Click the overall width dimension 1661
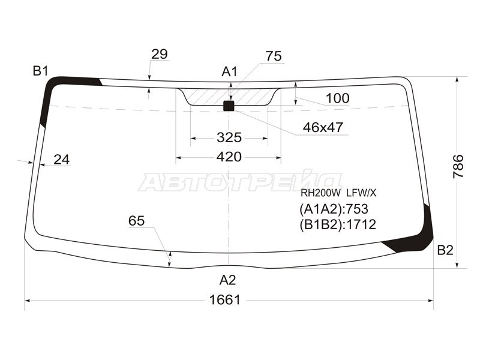[224, 299]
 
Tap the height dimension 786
[458, 166]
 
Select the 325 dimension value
[229, 137]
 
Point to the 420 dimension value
[229, 157]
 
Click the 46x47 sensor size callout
[323, 127]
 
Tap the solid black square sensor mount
[229, 106]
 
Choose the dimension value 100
[337, 98]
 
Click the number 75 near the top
[274, 56]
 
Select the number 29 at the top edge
[160, 54]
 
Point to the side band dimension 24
[62, 160]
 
